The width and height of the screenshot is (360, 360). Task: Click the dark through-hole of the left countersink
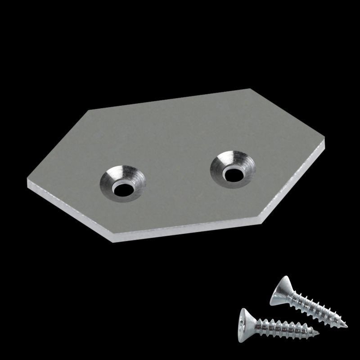pos(123,189)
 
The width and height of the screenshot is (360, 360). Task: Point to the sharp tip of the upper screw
pos(347,325)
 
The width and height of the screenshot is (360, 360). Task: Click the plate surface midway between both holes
pos(178,173)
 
